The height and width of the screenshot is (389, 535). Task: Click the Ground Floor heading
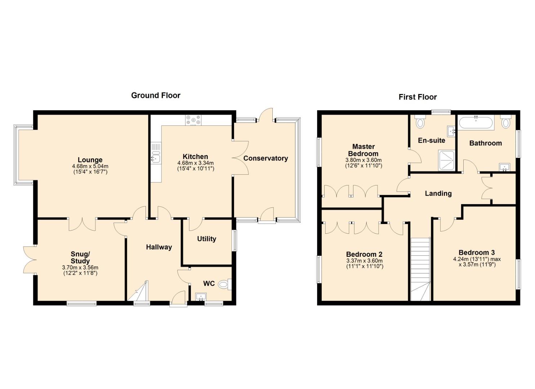pos(156,95)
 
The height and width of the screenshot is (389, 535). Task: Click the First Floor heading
pos(418,97)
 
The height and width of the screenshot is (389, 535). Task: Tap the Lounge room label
pos(90,160)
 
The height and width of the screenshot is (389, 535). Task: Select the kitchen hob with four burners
pos(193,120)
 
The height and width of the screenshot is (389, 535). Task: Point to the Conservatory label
pos(266,158)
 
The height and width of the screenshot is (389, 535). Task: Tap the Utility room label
pos(206,239)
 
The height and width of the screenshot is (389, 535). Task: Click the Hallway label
pos(159,247)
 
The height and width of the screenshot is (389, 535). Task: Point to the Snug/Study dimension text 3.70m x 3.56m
pos(80,268)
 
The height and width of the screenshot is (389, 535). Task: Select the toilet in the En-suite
pos(420,121)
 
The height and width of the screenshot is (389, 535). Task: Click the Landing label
pos(438,193)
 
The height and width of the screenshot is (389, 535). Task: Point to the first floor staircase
pos(420,269)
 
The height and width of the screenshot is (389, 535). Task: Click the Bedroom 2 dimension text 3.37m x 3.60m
pos(365,261)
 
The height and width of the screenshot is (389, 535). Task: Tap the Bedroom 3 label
pos(477,252)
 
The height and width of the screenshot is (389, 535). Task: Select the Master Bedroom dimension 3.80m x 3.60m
pos(364,160)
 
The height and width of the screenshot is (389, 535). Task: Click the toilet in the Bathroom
pos(505,122)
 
